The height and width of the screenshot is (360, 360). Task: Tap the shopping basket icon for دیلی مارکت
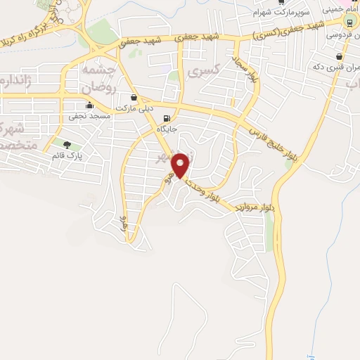pyautogui.click(x=134, y=97)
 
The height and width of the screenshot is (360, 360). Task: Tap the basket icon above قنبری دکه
pyautogui.click(x=340, y=56)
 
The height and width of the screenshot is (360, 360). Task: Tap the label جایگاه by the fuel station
pyautogui.click(x=167, y=129)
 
